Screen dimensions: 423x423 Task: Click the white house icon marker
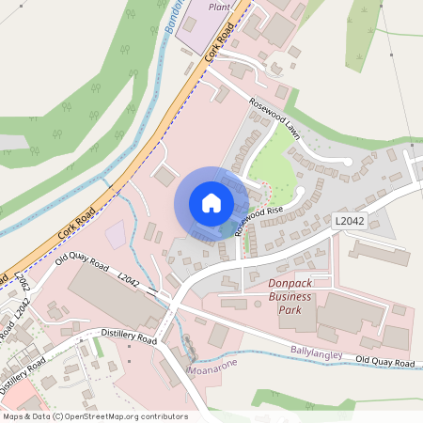[x=211, y=202]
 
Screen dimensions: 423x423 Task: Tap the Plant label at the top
[x=219, y=7]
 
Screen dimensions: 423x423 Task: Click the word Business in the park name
[x=289, y=297]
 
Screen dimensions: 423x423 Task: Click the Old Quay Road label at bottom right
[x=385, y=362]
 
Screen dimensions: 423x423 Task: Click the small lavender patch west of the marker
[x=115, y=236]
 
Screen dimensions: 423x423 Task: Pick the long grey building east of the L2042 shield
[x=380, y=252]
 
